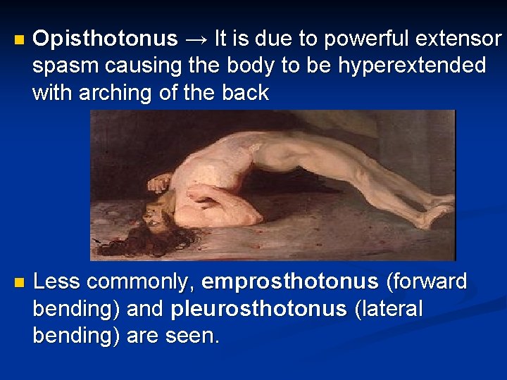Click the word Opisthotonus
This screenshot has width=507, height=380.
point(105,39)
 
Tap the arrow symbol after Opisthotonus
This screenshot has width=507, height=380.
point(196,39)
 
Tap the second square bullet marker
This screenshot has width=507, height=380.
point(18,283)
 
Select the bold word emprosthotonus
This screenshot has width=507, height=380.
point(289,282)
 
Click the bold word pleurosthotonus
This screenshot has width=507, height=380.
point(259,309)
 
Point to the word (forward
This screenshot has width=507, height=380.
point(427,282)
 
